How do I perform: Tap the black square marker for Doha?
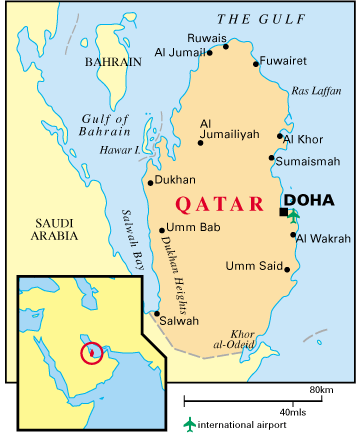tap(283, 212)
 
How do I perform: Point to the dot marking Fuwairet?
tap(257, 65)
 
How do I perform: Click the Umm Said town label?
tap(255, 266)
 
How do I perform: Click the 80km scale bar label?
tap(320, 388)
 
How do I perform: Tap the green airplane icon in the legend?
tap(190, 424)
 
